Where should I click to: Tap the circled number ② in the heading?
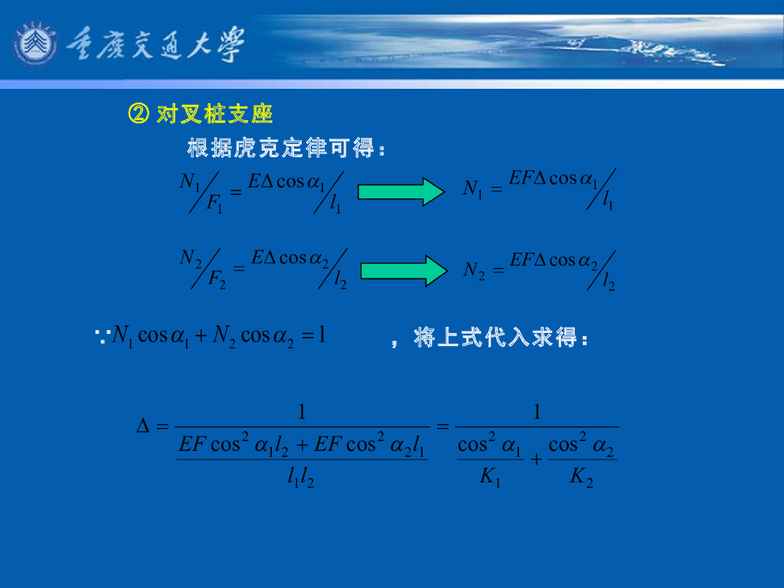[x=138, y=115]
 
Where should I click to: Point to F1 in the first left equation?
[x=214, y=204]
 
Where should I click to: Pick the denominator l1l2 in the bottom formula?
[x=301, y=479]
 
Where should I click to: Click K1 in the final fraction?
[x=490, y=478]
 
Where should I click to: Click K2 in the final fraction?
[x=582, y=478]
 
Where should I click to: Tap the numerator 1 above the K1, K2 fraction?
[x=537, y=413]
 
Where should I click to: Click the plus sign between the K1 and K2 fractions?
[x=536, y=459]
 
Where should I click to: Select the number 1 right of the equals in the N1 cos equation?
[x=322, y=335]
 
